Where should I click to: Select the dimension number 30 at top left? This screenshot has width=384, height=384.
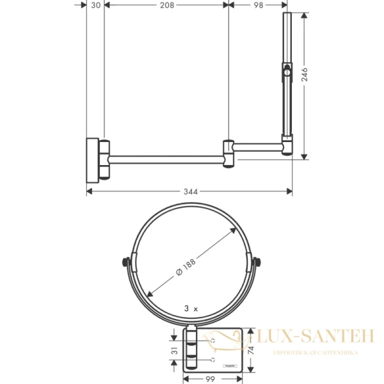[x=94, y=6]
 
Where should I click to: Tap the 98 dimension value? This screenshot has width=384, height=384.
[x=259, y=6]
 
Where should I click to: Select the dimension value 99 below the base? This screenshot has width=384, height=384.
[x=212, y=378]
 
